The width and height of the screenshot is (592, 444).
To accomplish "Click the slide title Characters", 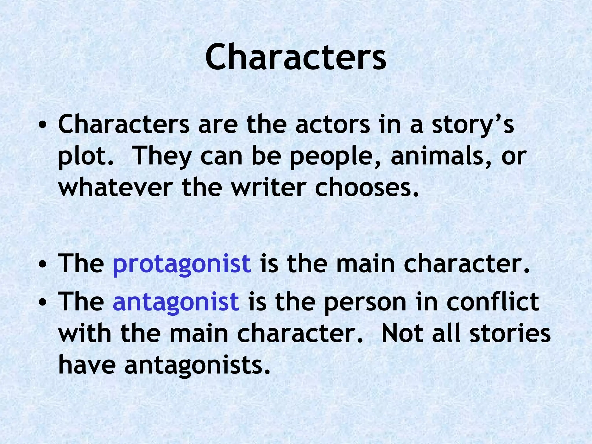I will tap(295, 57).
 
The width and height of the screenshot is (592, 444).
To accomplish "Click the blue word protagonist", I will tap(182, 264).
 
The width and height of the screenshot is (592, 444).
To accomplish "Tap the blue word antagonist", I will tap(176, 302).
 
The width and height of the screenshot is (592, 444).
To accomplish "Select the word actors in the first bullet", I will tap(332, 125).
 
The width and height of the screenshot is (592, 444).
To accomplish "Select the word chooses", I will tap(367, 188).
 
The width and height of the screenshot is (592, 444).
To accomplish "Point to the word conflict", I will tap(493, 302).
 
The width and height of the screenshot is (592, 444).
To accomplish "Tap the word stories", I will tap(510, 334).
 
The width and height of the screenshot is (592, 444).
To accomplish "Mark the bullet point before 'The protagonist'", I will tap(42, 264).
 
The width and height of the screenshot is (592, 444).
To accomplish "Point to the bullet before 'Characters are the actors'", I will tap(42, 125).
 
